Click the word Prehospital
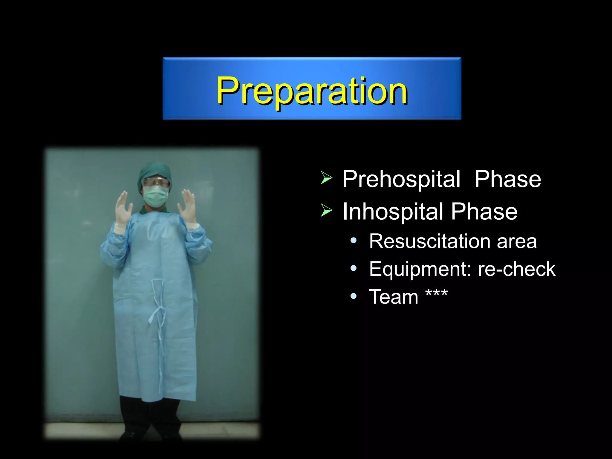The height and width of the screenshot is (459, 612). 401,179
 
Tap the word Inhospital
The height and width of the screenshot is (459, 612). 393,212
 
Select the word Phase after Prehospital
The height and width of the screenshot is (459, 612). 508,179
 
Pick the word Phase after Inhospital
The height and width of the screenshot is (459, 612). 484,212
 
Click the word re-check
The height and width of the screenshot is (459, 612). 516,269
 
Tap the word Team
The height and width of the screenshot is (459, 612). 394,297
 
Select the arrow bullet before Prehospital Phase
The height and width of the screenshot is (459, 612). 326,178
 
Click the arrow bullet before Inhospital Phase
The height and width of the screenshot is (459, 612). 326,210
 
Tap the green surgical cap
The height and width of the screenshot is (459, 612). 154,172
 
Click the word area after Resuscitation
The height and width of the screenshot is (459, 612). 517,241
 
